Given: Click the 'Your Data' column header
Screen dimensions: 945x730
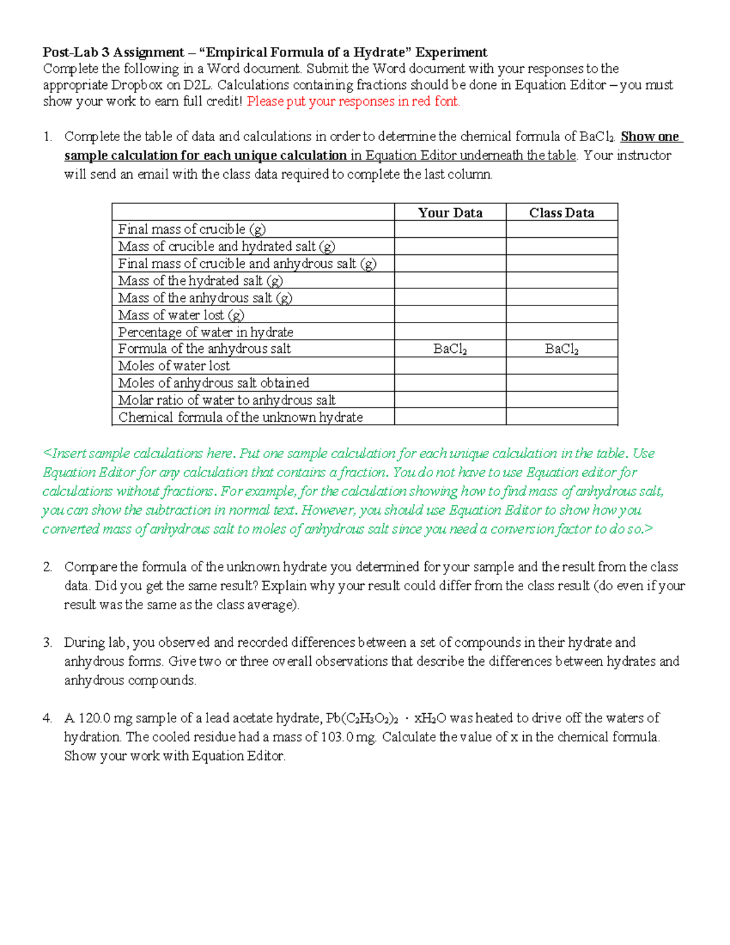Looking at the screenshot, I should click(450, 212).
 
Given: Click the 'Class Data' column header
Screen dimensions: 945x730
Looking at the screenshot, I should click(561, 212).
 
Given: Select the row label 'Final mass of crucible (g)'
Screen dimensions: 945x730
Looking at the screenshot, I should click(192, 229).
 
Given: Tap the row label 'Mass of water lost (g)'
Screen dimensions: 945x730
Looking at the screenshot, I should click(181, 315).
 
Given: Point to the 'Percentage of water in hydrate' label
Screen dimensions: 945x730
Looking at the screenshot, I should click(206, 332).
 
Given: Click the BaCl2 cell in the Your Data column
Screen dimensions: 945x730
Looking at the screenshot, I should click(450, 349).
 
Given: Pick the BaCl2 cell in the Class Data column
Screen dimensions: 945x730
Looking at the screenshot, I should click(561, 349).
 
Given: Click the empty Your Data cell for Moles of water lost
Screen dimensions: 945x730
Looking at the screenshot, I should click(450, 366).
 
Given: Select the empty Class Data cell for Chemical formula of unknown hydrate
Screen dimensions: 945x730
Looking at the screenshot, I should click(561, 417).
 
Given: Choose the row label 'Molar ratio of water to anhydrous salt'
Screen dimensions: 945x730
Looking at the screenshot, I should click(226, 400).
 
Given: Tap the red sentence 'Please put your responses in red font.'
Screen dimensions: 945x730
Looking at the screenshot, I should click(353, 102).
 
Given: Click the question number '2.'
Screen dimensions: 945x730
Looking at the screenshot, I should click(47, 567).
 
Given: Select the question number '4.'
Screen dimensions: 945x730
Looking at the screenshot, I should click(47, 718).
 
